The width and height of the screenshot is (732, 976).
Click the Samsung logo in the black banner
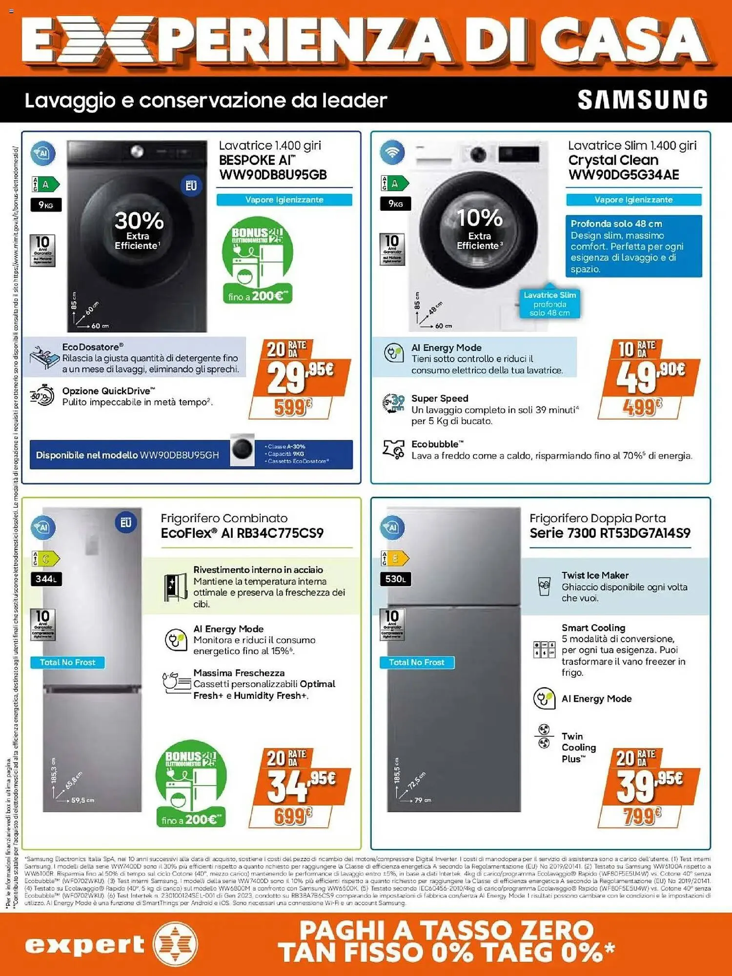pyautogui.click(x=642, y=100)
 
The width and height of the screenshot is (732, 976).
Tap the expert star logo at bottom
pyautogui.click(x=175, y=944)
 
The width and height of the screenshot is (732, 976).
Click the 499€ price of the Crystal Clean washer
pyautogui.click(x=641, y=407)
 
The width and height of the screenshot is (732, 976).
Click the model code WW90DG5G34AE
pyautogui.click(x=624, y=175)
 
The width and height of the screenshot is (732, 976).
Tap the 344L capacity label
pyautogui.click(x=46, y=579)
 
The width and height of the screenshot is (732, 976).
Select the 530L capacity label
pyautogui.click(x=395, y=579)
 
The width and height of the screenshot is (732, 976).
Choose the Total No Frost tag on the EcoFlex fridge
pyautogui.click(x=67, y=662)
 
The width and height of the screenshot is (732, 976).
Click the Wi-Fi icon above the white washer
pyautogui.click(x=392, y=153)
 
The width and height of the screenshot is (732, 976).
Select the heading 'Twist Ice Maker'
pyautogui.click(x=595, y=575)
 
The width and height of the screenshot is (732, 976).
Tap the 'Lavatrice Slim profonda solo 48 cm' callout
pyautogui.click(x=549, y=304)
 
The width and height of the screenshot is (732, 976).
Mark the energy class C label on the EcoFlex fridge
pyautogui.click(x=45, y=558)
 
